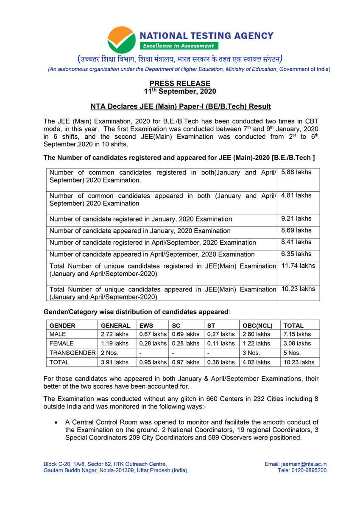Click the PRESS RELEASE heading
click(180, 84)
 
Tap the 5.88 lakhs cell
click(296, 172)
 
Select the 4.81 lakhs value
click(296, 196)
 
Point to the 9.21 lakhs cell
click(296, 219)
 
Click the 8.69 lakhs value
click(296, 231)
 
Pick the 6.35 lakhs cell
click(296, 254)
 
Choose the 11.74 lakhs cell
click(298, 266)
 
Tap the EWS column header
click(146, 326)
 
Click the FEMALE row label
click(61, 344)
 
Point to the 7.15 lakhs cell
click(297, 334)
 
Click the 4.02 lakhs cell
click(256, 362)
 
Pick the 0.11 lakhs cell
click(220, 344)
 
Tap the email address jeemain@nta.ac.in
click(304, 464)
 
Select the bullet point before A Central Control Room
click(56, 423)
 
